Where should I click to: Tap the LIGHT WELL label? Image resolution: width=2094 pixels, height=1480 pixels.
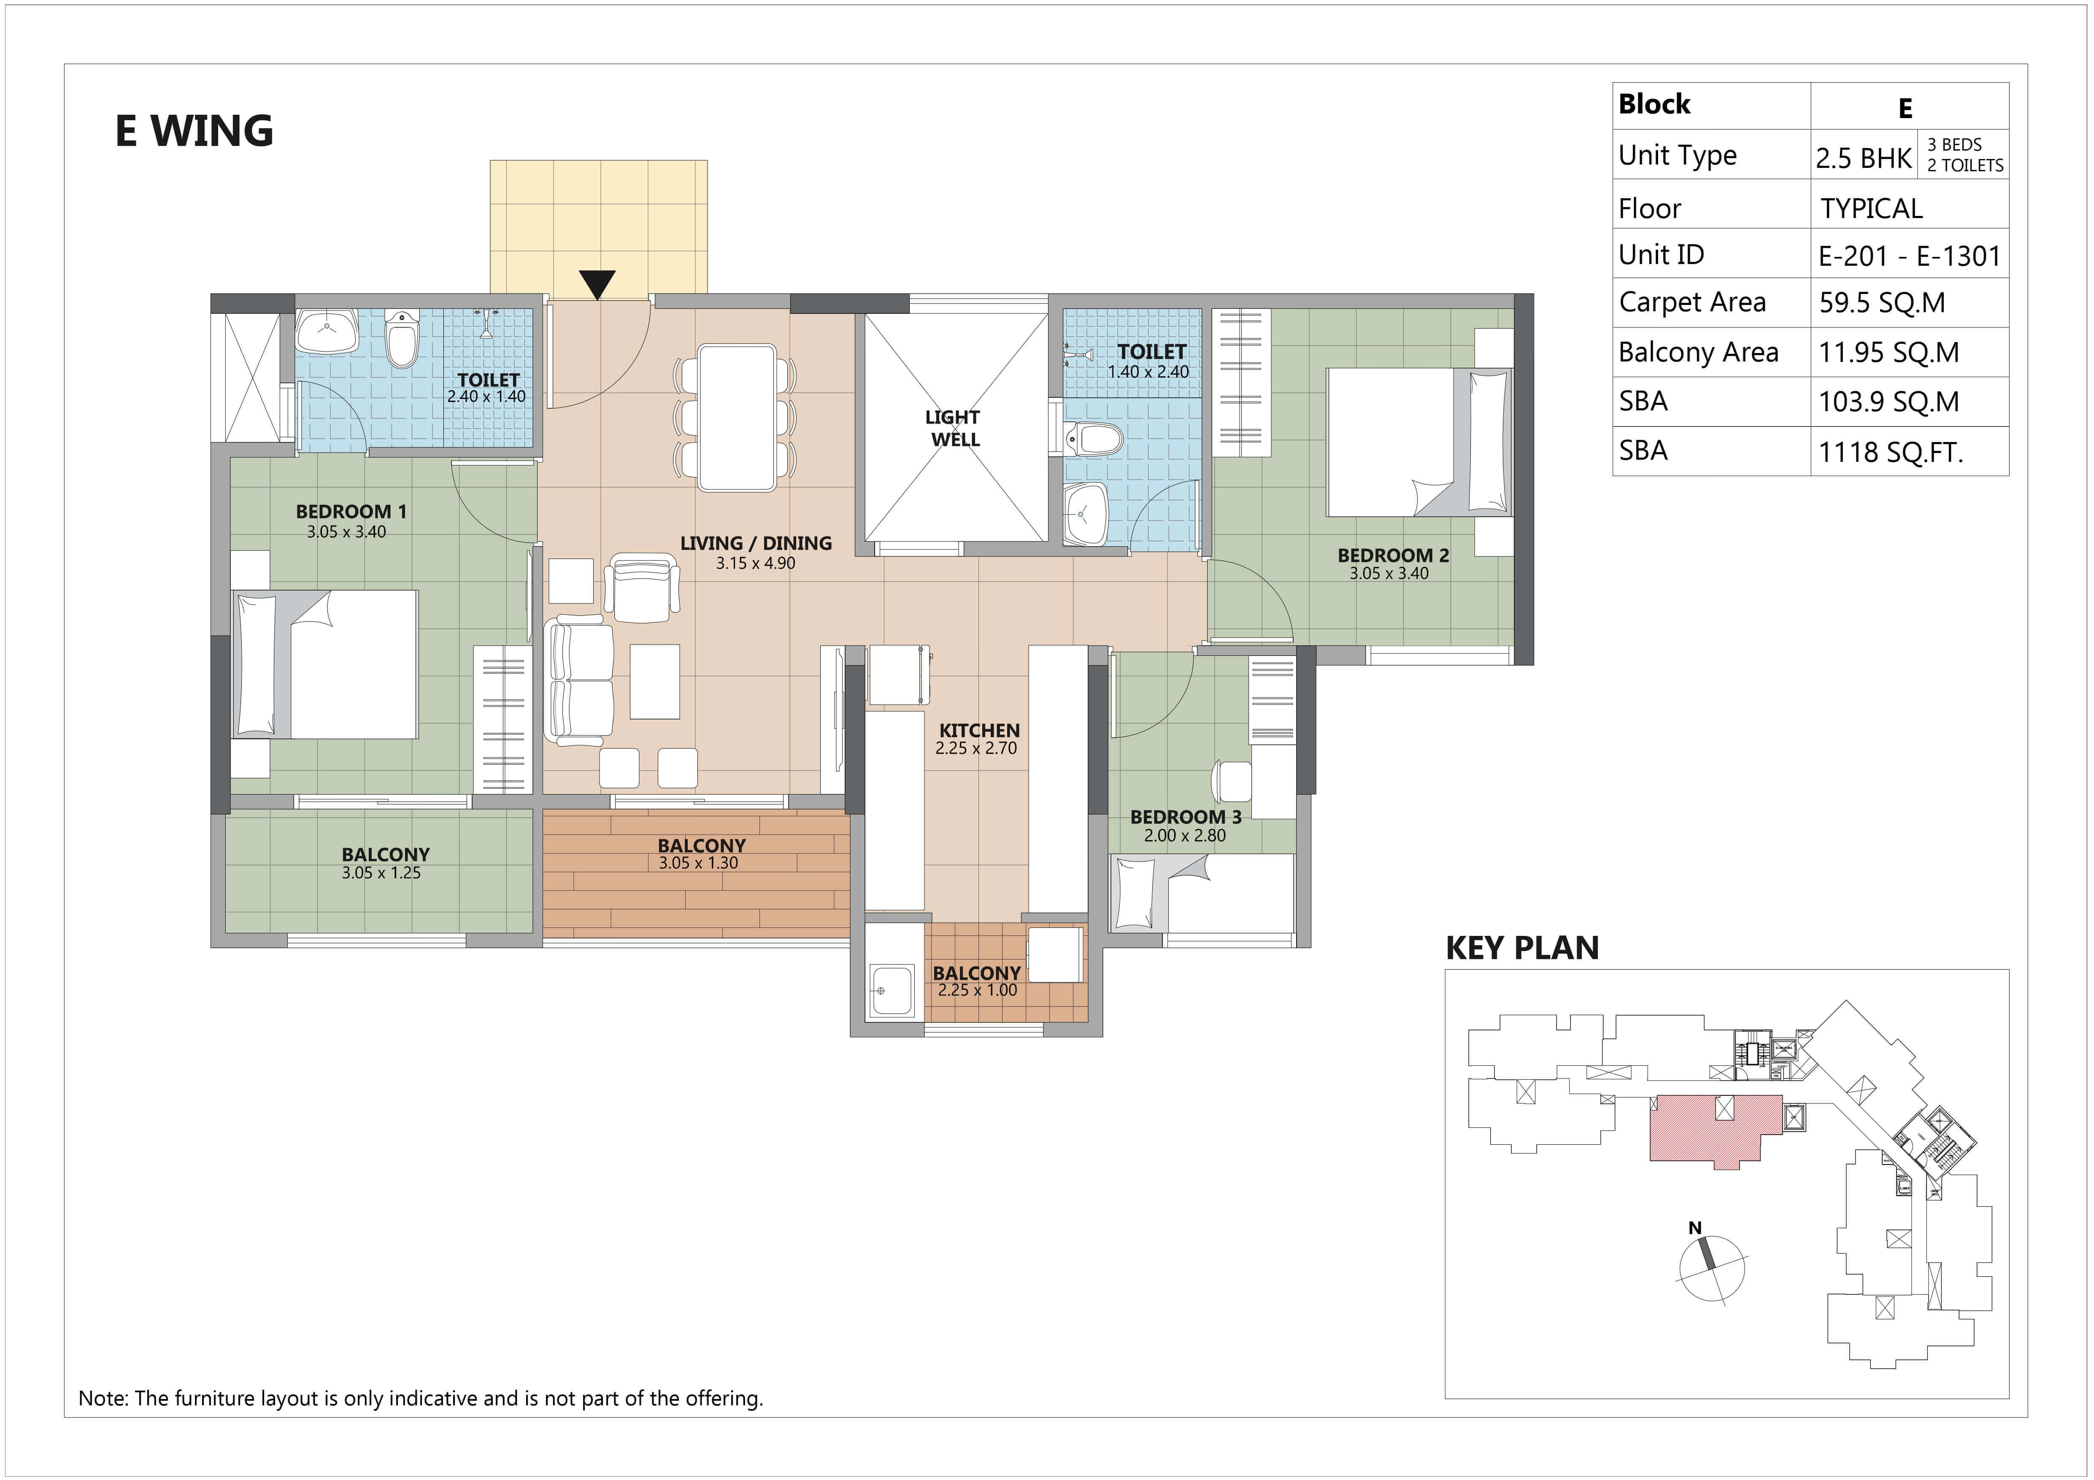[953, 428]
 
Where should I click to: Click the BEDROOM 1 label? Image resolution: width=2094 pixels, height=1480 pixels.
[351, 512]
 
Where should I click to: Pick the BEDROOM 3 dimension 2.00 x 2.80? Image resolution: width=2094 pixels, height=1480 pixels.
[1185, 835]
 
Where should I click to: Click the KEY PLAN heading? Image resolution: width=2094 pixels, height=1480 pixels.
[1522, 949]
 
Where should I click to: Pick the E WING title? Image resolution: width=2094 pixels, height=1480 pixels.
[194, 131]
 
